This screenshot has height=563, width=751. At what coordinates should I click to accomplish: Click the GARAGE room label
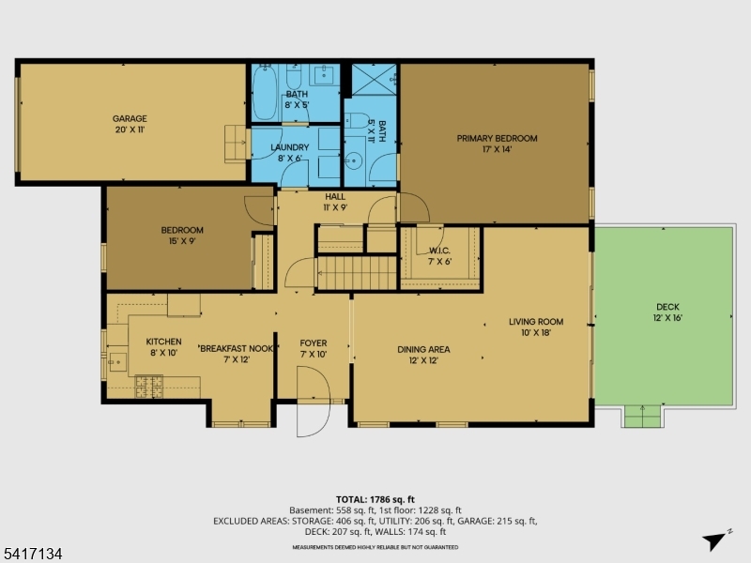(130, 119)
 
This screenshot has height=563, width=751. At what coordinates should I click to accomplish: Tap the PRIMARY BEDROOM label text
(497, 138)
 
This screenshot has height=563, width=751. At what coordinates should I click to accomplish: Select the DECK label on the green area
(667, 307)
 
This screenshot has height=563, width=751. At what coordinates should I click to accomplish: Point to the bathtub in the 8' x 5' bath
(265, 92)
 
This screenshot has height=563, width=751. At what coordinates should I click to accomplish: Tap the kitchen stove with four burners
(149, 383)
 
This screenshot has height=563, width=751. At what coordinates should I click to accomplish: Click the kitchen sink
(116, 359)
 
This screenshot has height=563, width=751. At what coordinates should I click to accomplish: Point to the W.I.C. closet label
(440, 251)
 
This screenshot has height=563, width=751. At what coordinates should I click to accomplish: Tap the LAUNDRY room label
(289, 147)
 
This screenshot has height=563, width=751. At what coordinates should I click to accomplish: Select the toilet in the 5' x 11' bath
(357, 120)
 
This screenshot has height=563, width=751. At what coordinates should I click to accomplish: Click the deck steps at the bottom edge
(643, 416)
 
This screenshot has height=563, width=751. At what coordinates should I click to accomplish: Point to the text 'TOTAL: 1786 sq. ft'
(375, 498)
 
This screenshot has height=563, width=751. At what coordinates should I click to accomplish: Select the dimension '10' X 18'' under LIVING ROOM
(536, 332)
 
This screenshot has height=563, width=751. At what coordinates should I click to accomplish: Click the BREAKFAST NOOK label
(235, 348)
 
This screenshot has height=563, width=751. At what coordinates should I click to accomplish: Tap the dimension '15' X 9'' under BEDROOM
(181, 241)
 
